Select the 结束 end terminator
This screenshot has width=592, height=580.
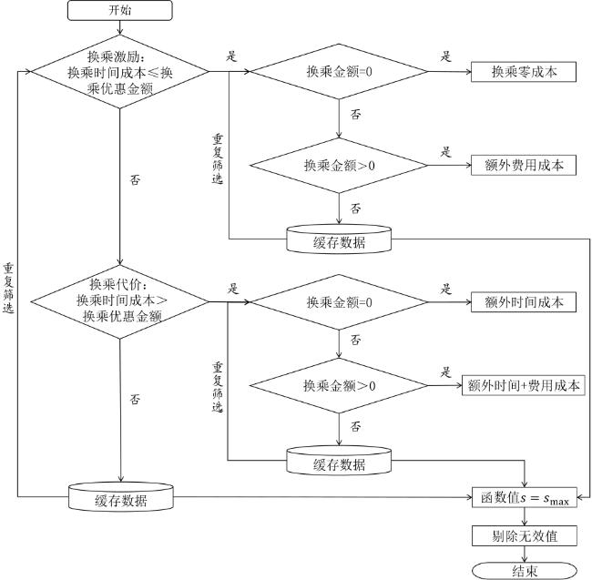[x=525, y=570]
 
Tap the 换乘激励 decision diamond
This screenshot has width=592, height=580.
[x=120, y=71]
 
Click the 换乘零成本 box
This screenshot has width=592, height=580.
[x=524, y=72]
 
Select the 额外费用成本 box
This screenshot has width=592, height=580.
[x=524, y=166]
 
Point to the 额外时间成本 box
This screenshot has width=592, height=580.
[x=524, y=302]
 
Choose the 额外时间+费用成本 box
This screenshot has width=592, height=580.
[x=524, y=385]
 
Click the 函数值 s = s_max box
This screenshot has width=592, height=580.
[x=524, y=497]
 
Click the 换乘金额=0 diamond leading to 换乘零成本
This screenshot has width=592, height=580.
[x=339, y=72]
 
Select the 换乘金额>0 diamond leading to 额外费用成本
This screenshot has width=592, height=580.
[x=339, y=166]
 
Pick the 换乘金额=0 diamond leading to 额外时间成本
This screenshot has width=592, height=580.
[x=339, y=302]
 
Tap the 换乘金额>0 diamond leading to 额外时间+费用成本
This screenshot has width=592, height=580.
[x=339, y=385]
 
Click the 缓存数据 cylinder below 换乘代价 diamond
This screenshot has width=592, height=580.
[x=120, y=498]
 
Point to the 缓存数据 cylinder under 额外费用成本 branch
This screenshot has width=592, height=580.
[x=339, y=239]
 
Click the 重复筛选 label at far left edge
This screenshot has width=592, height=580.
[x=8, y=289]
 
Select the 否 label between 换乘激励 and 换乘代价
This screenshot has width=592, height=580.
[x=136, y=179]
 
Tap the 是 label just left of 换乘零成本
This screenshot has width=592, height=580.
[x=446, y=56]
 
